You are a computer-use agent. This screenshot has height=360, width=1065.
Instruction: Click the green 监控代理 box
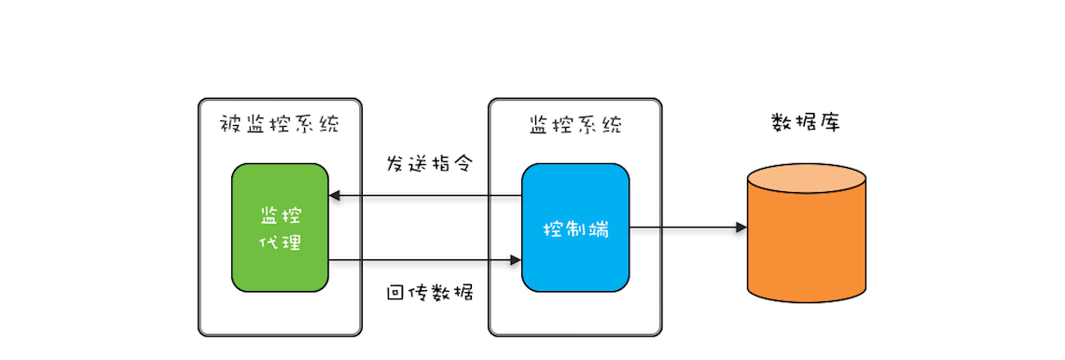point(280,228)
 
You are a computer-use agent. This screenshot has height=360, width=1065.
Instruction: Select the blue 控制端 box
point(575,228)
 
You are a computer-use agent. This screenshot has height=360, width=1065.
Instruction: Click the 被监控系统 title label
point(280,125)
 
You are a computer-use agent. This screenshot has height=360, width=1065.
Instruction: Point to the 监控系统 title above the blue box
point(575,125)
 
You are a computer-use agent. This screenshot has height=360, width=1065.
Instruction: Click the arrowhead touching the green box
point(335,196)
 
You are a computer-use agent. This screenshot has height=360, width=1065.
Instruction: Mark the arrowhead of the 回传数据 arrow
point(516,260)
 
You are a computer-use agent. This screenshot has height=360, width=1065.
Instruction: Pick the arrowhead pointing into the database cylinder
point(741,228)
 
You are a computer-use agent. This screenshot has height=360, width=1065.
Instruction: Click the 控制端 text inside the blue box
point(575,228)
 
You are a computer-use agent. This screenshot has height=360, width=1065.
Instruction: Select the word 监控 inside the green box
point(280,215)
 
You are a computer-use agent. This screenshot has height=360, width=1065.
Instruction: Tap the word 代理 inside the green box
point(280,242)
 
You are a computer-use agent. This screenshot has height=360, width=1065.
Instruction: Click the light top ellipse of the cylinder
point(807,177)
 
